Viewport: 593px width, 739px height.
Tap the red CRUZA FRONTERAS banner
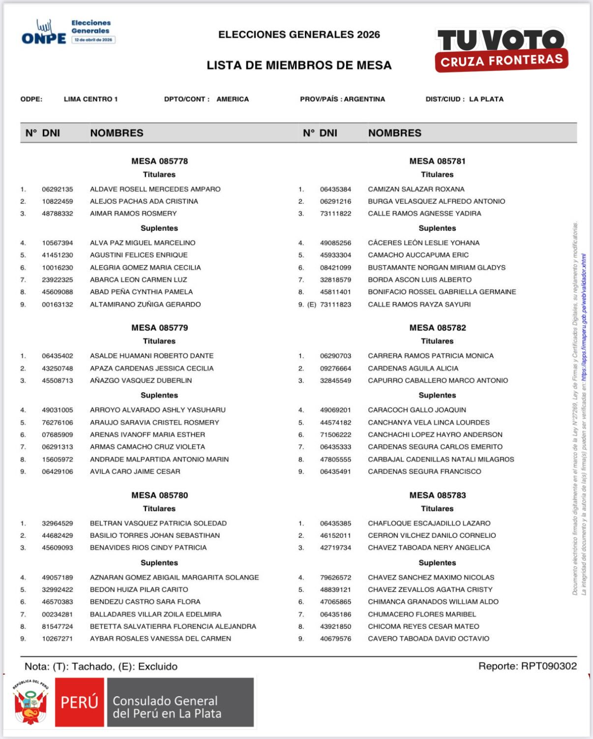502,61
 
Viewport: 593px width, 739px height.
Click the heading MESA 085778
159,161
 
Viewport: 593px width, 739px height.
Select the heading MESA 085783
437,495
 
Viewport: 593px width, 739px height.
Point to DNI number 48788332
58,214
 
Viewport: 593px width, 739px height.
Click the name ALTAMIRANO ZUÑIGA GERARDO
145,305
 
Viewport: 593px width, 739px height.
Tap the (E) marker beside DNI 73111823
312,305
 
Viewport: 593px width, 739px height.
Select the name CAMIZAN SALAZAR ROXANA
416,189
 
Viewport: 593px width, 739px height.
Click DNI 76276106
58,423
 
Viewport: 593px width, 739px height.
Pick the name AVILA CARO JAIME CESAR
135,471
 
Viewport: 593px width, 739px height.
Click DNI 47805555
335,459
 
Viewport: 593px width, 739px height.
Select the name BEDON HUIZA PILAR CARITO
139,589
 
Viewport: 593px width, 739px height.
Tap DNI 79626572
335,578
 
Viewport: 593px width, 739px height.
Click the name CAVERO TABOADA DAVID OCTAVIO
428,639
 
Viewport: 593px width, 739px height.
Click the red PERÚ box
79,702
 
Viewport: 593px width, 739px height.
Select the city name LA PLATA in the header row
486,99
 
